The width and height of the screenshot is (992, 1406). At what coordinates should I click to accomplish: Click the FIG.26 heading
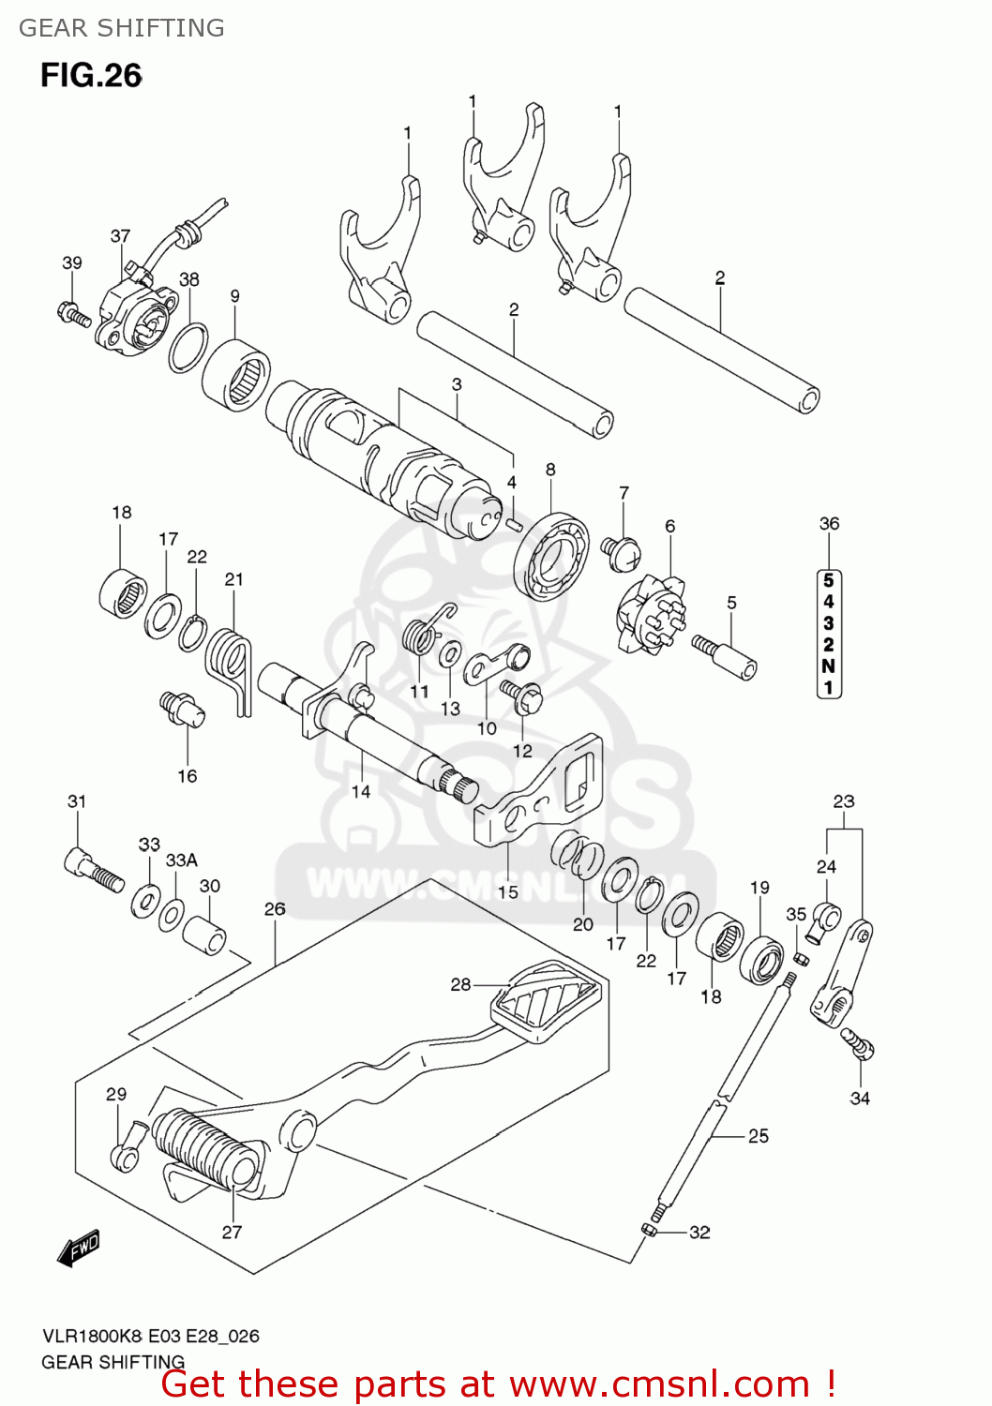[x=91, y=76]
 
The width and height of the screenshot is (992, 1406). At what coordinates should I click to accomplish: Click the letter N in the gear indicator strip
[x=828, y=666]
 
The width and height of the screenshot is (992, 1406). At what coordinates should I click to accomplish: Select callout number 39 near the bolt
[x=72, y=263]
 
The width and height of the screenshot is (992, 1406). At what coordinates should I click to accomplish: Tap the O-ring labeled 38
[x=188, y=347]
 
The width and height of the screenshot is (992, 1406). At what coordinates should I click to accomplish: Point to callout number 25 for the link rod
[x=758, y=1136]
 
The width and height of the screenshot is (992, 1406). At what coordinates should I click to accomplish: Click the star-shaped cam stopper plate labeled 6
[x=651, y=614]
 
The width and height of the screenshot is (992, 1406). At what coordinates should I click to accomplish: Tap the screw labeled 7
[x=620, y=553]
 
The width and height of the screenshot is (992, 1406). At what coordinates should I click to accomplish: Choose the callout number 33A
[x=181, y=860]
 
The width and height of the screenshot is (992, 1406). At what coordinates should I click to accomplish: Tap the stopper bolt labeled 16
[x=182, y=708]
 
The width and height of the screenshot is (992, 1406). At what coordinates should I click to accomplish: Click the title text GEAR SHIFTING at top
[x=122, y=28]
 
